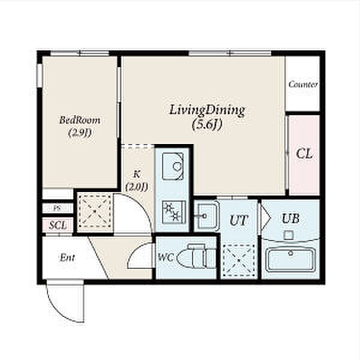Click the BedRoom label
click(x=80, y=121)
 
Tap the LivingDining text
click(x=207, y=110)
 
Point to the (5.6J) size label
click(x=208, y=125)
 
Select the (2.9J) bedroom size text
click(x=80, y=133)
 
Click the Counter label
click(x=303, y=84)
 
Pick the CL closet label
click(x=304, y=154)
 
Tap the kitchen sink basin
click(x=173, y=166)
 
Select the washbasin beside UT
click(x=206, y=215)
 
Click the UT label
click(x=239, y=220)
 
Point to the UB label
click(x=290, y=218)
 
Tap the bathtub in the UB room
click(x=290, y=260)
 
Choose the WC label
click(x=166, y=257)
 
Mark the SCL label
click(x=58, y=225)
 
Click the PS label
click(x=57, y=208)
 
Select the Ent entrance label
click(x=67, y=257)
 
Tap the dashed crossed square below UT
click(x=239, y=260)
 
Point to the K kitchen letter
click(x=137, y=175)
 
